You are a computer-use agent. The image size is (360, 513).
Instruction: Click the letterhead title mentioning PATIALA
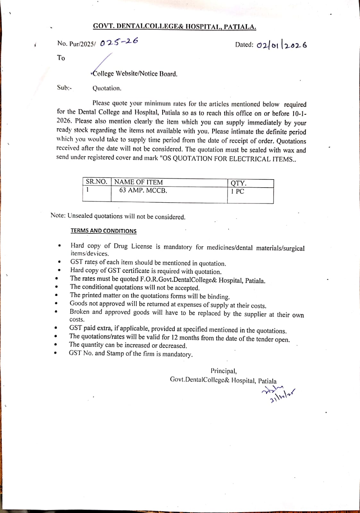pyautogui.click(x=174, y=27)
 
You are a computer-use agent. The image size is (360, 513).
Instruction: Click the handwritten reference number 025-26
pyautogui.click(x=119, y=42)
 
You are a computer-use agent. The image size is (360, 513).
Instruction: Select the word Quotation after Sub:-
pyautogui.click(x=107, y=88)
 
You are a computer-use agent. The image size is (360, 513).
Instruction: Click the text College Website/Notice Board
pyautogui.click(x=135, y=74)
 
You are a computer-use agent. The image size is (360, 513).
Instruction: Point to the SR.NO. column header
pyautogui.click(x=96, y=182)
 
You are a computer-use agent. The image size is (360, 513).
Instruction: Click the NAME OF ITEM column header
pyautogui.click(x=138, y=182)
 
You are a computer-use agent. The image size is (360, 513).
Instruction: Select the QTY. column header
pyautogui.click(x=239, y=183)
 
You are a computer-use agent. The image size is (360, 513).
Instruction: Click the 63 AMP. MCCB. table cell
pyautogui.click(x=143, y=190)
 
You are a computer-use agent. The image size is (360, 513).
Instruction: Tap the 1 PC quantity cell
pyautogui.click(x=238, y=191)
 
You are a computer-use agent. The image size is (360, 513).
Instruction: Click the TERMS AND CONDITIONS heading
pyautogui.click(x=104, y=231)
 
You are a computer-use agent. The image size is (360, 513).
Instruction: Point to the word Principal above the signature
pyautogui.click(x=223, y=371)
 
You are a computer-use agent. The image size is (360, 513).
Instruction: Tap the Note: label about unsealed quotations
pyautogui.click(x=58, y=215)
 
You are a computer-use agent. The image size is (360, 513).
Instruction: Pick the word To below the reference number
pyautogui.click(x=61, y=58)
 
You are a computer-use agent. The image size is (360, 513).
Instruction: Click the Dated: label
pyautogui.click(x=244, y=45)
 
